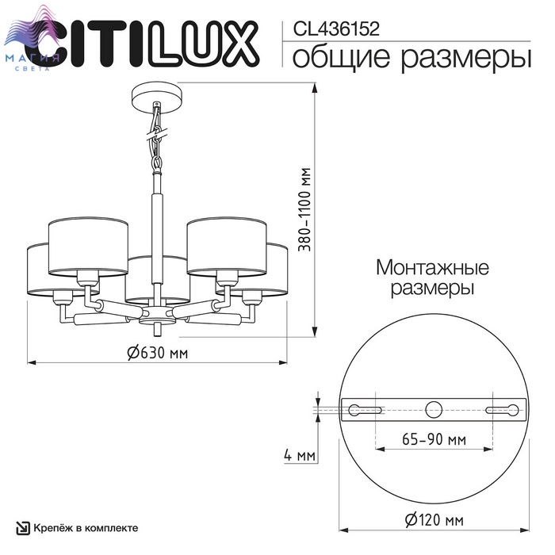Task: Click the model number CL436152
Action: (x=336, y=29)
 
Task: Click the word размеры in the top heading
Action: (x=466, y=59)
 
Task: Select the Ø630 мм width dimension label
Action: (x=157, y=353)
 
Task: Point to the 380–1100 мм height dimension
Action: (x=304, y=209)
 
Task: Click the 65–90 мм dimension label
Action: (x=434, y=439)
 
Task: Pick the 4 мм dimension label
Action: (x=300, y=455)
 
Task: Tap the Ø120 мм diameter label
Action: (x=434, y=520)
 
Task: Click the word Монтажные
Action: (x=432, y=268)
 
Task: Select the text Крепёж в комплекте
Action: (x=86, y=528)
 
